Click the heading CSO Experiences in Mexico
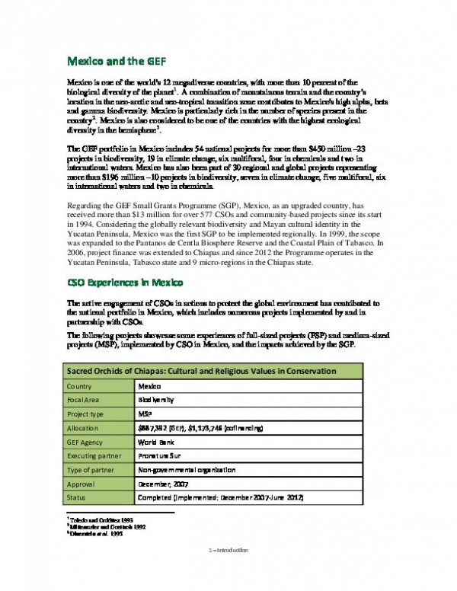coord(125,284)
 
